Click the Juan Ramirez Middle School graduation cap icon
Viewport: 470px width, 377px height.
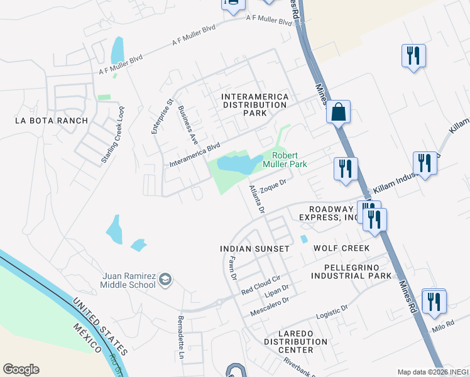click(165, 280)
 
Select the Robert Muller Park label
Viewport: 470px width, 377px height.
click(289, 160)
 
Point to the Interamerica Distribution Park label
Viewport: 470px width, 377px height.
click(255, 105)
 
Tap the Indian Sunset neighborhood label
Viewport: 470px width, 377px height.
click(254, 249)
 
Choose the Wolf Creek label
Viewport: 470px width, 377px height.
click(341, 248)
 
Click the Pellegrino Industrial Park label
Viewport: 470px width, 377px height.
click(351, 271)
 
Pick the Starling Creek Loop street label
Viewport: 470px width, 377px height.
click(114, 143)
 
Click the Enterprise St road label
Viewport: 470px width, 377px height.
click(161, 116)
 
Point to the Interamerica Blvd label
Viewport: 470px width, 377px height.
click(195, 155)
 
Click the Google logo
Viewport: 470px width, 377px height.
click(21, 369)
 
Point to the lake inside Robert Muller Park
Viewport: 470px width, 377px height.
click(237, 165)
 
